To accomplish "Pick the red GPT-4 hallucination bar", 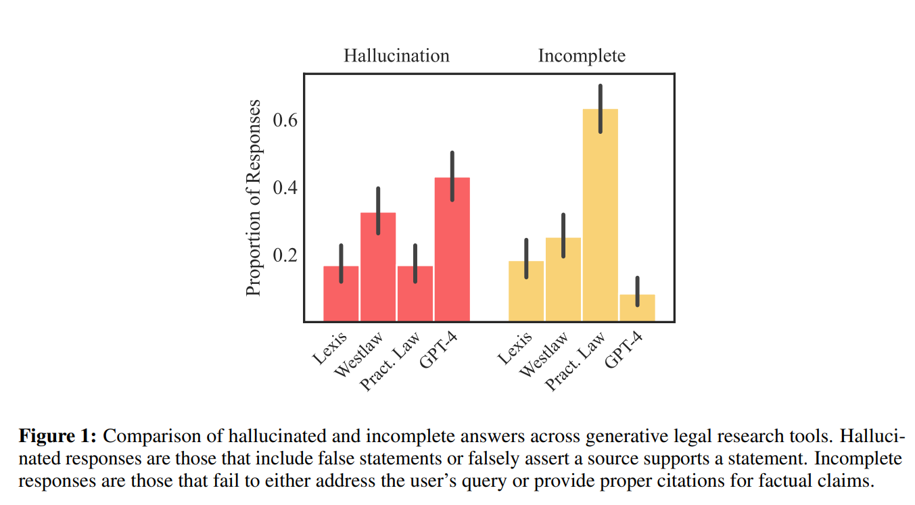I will click(452, 257).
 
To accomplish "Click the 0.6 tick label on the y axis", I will click(285, 120).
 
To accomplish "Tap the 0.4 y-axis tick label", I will click(285, 188).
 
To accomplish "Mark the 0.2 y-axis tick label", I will click(285, 256).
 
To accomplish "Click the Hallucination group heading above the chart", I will click(396, 55).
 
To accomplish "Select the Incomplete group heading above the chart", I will click(582, 55).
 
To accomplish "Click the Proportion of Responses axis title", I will click(254, 197).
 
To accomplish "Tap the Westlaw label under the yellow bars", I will click(544, 356).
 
